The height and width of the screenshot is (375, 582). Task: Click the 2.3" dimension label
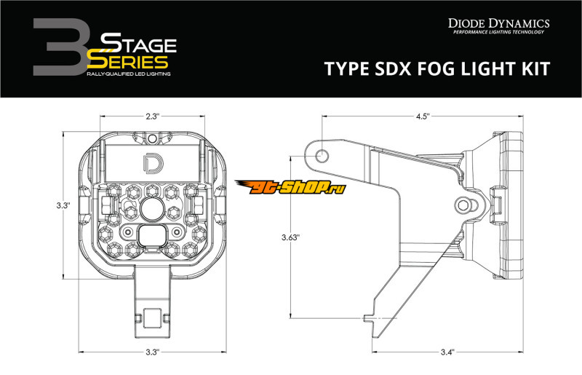pyautogui.click(x=152, y=117)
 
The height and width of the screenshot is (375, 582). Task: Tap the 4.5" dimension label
pyautogui.click(x=423, y=117)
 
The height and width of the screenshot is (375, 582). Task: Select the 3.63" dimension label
pyautogui.click(x=290, y=237)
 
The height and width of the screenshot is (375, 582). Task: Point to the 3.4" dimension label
pyautogui.click(x=447, y=352)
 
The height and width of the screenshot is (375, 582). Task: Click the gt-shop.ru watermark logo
pyautogui.click(x=290, y=186)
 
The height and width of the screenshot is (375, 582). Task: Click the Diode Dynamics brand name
pyautogui.click(x=498, y=23)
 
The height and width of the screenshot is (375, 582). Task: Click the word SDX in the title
pyautogui.click(x=392, y=68)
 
